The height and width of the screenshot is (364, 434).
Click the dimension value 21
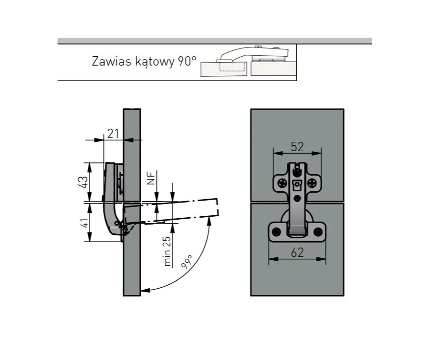tap(113, 134)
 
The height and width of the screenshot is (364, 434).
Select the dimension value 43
tap(83, 182)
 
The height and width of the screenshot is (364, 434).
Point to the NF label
tap(151, 178)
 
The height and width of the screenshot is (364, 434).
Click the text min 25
tap(167, 251)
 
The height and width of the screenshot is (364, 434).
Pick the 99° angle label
tap(187, 262)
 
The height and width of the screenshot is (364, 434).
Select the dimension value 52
tap(297, 147)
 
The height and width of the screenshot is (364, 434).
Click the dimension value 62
tap(297, 252)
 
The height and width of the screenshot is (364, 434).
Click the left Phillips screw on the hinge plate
tap(282, 182)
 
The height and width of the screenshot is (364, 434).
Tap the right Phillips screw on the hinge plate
tap(312, 182)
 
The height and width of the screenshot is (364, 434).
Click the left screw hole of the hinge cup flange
tap(276, 232)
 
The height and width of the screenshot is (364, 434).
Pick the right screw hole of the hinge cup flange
tap(318, 232)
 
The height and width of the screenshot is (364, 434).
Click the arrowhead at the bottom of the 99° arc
tap(145, 290)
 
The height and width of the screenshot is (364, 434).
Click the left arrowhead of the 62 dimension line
tap(274, 259)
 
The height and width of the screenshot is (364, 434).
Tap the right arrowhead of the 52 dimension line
tap(317, 153)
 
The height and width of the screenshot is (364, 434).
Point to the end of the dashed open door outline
tap(218, 207)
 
